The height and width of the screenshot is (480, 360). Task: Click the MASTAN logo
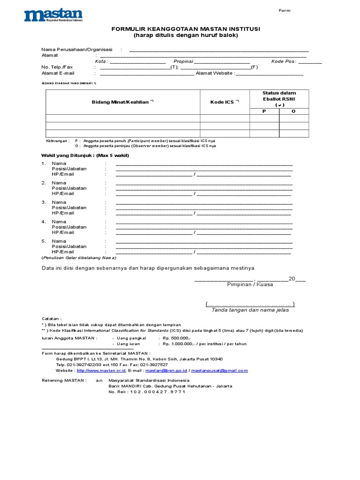[x=53, y=15]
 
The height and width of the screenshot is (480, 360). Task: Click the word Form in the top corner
[x=285, y=10]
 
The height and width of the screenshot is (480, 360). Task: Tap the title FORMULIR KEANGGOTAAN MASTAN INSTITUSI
[x=186, y=29]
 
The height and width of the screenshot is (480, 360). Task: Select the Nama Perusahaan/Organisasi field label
[x=77, y=49]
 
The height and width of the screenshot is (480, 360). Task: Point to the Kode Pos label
[x=283, y=61]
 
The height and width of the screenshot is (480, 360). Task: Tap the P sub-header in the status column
[x=264, y=111]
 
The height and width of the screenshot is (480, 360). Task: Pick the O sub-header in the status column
[x=294, y=111]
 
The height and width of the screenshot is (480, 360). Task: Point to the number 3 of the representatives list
[x=44, y=202]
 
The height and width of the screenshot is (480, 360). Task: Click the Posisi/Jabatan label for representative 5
[x=69, y=246]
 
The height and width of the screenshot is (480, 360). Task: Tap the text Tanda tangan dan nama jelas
[x=250, y=310]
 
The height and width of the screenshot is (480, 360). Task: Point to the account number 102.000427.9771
[x=157, y=392]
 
